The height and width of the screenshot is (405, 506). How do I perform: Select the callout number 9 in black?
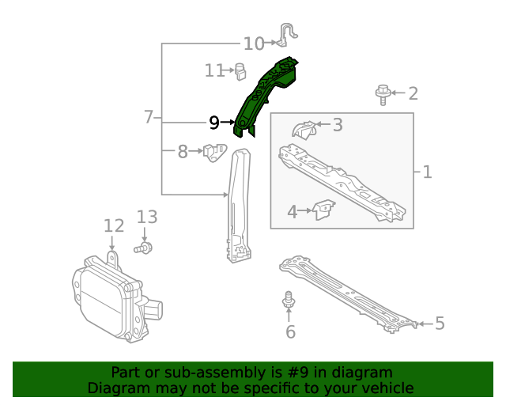tap(214, 123)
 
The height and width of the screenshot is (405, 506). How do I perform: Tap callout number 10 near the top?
tap(254, 44)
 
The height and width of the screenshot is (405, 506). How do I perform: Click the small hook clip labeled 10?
tap(288, 34)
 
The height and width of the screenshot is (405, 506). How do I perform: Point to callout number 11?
tap(215, 70)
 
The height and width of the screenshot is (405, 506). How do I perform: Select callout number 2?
tap(413, 94)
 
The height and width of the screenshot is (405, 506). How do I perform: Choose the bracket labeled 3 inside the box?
tap(303, 130)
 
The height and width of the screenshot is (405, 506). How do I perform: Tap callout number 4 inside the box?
tap(292, 211)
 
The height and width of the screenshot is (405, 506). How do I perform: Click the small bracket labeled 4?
tap(322, 210)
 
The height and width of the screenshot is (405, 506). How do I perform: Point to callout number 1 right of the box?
tap(427, 171)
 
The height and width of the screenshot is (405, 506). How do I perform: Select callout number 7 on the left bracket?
tap(149, 117)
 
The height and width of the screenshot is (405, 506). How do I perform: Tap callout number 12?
tap(114, 227)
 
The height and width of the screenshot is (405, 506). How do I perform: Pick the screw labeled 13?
tap(144, 249)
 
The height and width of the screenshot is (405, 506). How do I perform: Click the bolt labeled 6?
tap(289, 301)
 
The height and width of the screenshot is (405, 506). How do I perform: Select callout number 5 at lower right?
tap(440, 323)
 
